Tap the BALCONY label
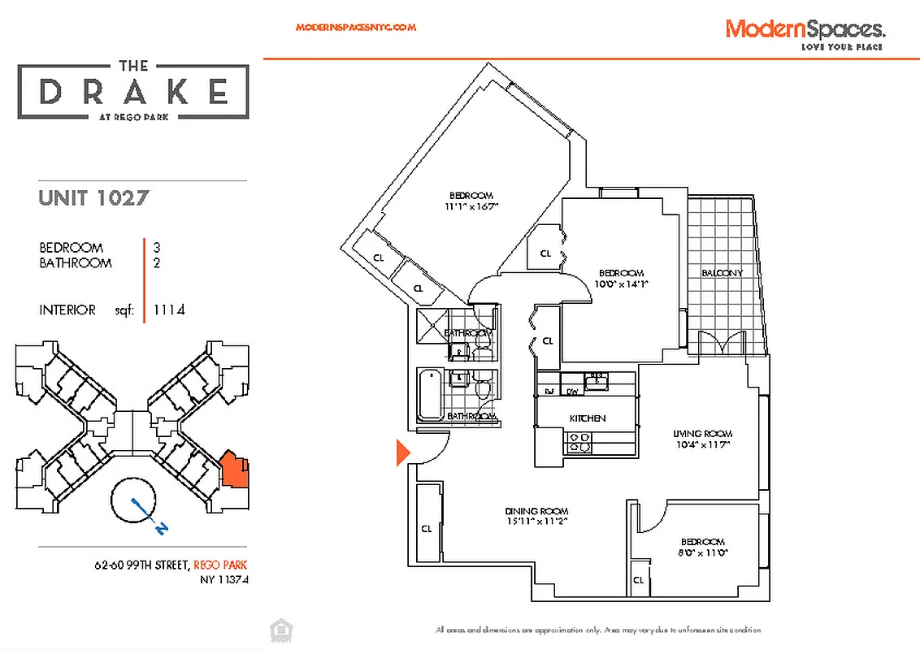pyautogui.click(x=722, y=273)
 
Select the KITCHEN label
pyautogui.click(x=587, y=418)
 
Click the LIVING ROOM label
pyautogui.click(x=704, y=434)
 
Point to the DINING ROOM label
pyautogui.click(x=536, y=511)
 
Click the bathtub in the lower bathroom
pyautogui.click(x=428, y=394)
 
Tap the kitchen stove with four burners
pyautogui.click(x=579, y=442)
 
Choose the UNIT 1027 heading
pyautogui.click(x=93, y=197)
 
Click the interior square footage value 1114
pyautogui.click(x=168, y=310)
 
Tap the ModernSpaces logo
pyautogui.click(x=805, y=31)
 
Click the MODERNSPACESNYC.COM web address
pyautogui.click(x=356, y=27)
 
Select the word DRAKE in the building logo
pyautogui.click(x=134, y=92)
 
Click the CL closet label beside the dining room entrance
pyautogui.click(x=427, y=528)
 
